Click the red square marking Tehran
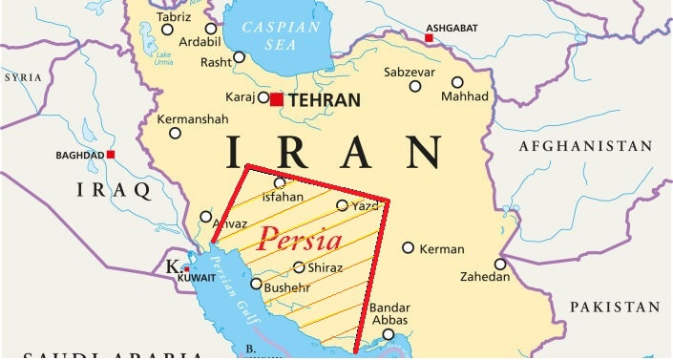click(277, 98)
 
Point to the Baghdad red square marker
click(112, 154)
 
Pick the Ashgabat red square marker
click(430, 37)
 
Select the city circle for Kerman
click(409, 248)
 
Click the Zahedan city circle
click(500, 265)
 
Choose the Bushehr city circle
click(256, 284)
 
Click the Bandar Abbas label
click(390, 315)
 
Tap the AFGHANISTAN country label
click(586, 146)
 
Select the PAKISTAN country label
click(614, 307)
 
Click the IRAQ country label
click(115, 191)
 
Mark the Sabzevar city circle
click(415, 87)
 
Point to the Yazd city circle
click(342, 205)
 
